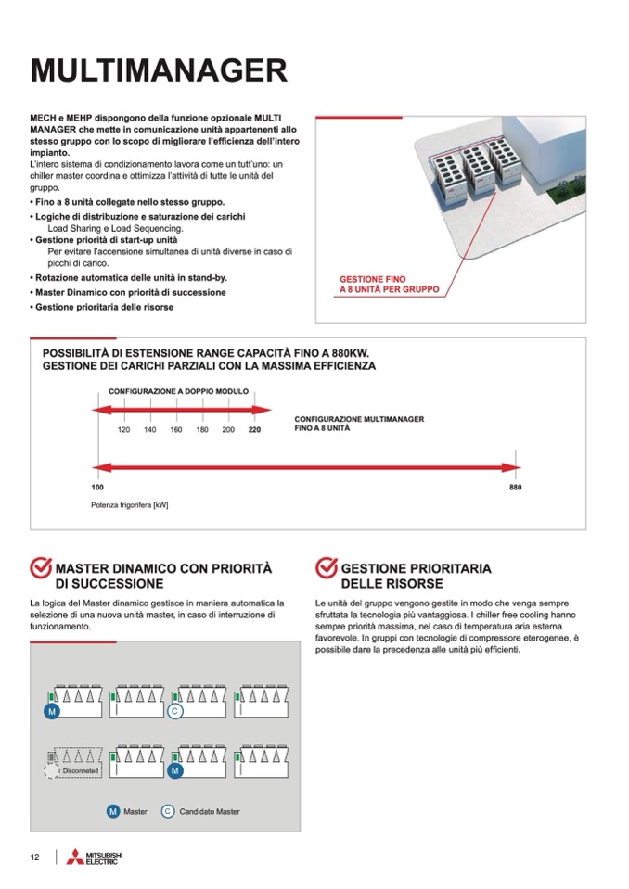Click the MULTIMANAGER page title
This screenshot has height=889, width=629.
point(158,70)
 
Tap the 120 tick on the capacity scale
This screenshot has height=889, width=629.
point(123,430)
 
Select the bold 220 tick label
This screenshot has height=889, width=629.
point(254,430)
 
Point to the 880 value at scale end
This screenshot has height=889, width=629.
point(516,487)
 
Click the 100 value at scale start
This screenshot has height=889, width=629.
point(97,487)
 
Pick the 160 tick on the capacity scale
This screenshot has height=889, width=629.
point(175,430)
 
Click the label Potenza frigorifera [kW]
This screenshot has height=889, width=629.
point(129,505)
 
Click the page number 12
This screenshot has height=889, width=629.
point(34,857)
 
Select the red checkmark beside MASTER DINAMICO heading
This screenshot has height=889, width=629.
point(41,568)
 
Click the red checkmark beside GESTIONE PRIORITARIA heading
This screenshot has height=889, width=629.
point(327,568)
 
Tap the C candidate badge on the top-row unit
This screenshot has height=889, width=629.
point(174,711)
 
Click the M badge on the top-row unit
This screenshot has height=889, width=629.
point(52,711)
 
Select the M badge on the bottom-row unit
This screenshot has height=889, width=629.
point(174,770)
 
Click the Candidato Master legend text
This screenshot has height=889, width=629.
point(210,811)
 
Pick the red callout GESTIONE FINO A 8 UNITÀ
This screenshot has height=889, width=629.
point(389,284)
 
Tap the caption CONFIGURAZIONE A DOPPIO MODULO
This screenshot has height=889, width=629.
point(178,392)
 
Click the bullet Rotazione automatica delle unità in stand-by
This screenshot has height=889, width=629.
point(130,277)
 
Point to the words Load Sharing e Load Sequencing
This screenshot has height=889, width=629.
point(115,228)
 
